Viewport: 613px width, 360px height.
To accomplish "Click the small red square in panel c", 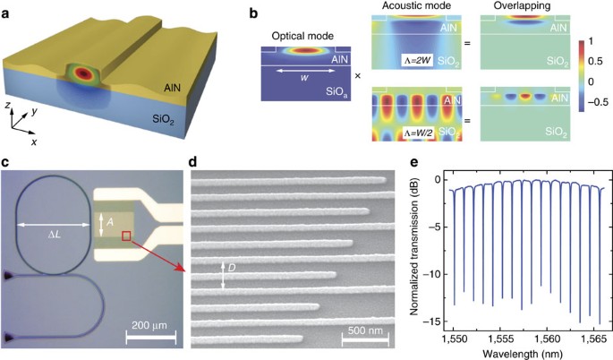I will click(x=127, y=236).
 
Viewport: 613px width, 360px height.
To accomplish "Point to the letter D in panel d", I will click(x=231, y=268).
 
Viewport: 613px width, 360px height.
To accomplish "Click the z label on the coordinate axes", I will click(x=6, y=107).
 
